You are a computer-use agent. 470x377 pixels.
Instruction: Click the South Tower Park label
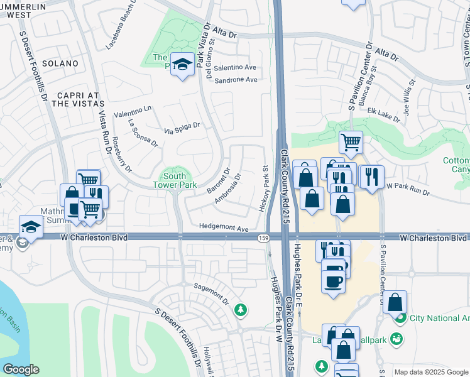pyautogui.click(x=174, y=180)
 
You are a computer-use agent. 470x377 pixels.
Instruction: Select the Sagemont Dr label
pyautogui.click(x=211, y=289)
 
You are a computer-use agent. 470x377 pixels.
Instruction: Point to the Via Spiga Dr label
pyautogui.click(x=182, y=128)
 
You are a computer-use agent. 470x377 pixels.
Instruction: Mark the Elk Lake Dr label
pyautogui.click(x=383, y=113)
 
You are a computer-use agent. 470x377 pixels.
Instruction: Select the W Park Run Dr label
pyautogui.click(x=407, y=188)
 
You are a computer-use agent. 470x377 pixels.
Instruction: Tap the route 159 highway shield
pyautogui.click(x=263, y=238)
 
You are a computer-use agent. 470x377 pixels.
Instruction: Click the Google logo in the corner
pyautogui.click(x=21, y=369)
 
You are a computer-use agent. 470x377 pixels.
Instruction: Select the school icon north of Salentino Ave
pyautogui.click(x=182, y=65)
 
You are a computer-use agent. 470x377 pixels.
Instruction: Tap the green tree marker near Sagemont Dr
pyautogui.click(x=240, y=309)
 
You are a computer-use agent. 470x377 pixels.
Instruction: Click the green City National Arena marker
pyautogui.click(x=400, y=318)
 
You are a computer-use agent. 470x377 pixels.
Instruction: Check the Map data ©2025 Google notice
pyautogui.click(x=430, y=372)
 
